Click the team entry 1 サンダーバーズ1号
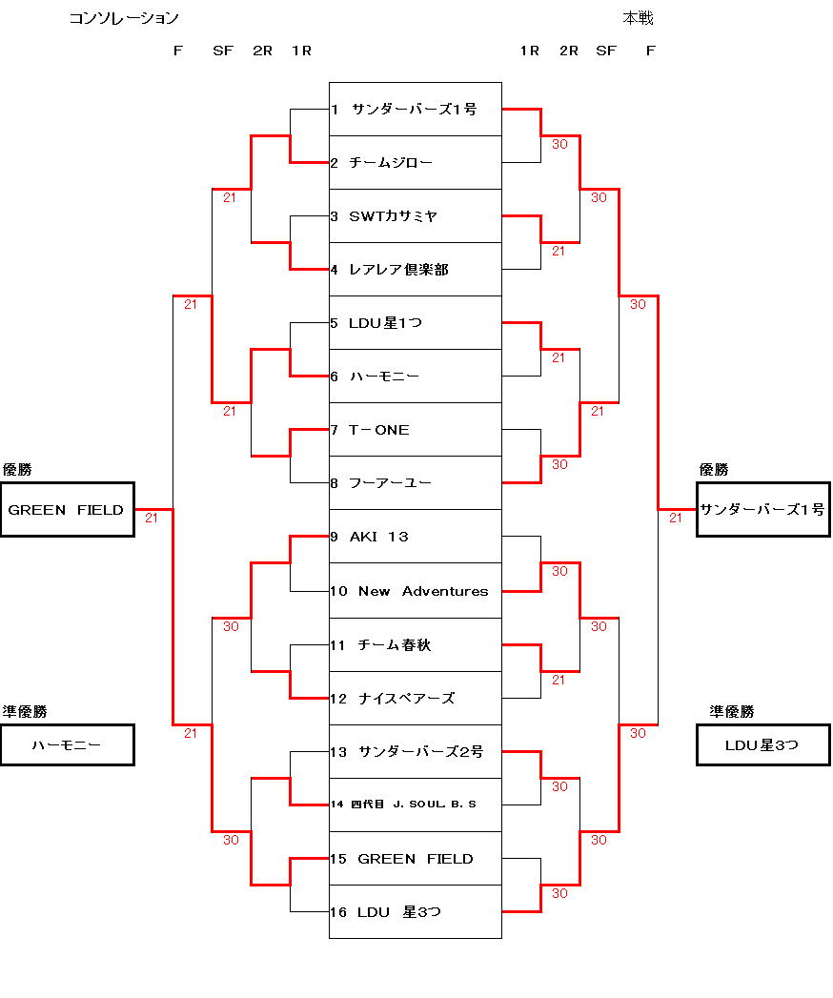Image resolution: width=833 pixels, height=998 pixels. [x=415, y=110]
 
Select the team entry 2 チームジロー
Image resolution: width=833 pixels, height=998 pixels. [x=415, y=163]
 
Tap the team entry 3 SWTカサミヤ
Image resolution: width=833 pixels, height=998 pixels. [x=415, y=216]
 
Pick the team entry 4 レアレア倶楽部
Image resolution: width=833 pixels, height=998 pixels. [x=415, y=270]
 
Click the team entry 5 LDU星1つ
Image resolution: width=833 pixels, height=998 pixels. [x=415, y=323]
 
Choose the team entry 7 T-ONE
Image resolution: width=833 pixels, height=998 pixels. [x=415, y=430]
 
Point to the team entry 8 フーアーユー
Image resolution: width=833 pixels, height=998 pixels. [x=415, y=483]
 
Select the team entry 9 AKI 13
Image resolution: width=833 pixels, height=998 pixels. [x=415, y=537]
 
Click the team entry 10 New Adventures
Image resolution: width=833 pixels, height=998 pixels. [x=415, y=591]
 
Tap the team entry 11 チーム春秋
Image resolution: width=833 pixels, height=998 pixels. [x=415, y=645]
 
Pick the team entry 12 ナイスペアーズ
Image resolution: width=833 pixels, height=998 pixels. [x=415, y=699]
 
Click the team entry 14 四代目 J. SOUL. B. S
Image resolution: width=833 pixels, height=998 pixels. [x=415, y=805]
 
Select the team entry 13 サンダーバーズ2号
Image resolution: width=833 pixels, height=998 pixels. [x=415, y=752]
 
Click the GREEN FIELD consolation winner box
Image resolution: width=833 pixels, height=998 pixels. [x=67, y=510]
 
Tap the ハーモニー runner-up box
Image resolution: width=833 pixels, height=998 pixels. [x=67, y=745]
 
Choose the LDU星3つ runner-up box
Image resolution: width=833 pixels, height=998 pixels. [x=762, y=745]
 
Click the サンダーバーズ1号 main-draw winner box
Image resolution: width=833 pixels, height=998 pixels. [x=762, y=510]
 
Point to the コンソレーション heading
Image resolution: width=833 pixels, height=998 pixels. [x=124, y=18]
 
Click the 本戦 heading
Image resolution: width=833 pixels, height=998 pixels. [x=638, y=18]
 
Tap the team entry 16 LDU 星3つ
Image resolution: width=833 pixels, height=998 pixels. [x=415, y=912]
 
